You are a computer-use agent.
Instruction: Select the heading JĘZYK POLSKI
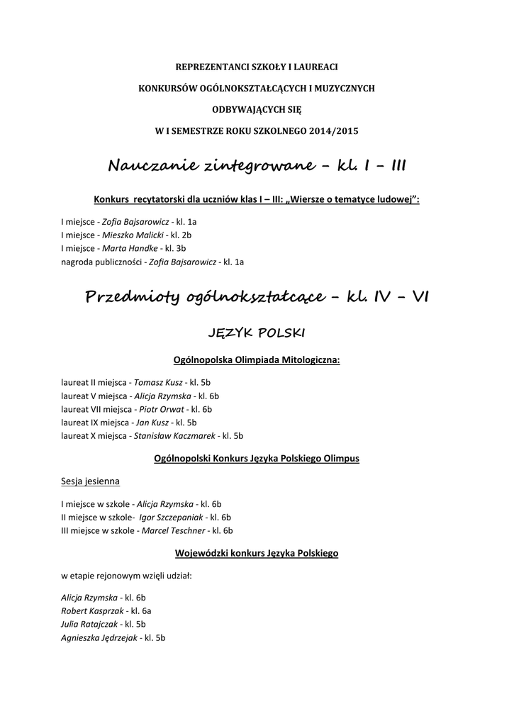coord(257,332)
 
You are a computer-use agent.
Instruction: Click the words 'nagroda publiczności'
coord(101,262)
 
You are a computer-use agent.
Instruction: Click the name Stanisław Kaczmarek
coord(174,436)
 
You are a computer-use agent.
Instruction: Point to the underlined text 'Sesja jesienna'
coord(90,481)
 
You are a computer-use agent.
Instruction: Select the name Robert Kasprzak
coord(92,610)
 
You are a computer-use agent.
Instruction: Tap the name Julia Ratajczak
coord(90,624)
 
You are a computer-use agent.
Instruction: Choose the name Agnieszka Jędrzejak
coord(99,637)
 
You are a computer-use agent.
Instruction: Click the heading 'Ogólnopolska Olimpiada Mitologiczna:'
coord(257,360)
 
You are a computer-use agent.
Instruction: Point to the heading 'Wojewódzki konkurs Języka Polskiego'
coord(257,553)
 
